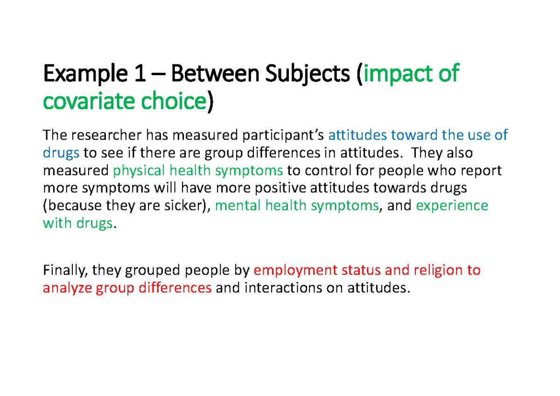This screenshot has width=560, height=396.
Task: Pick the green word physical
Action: point(138,171)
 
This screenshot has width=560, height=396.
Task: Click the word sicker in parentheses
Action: point(184,206)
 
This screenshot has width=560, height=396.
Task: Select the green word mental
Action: point(238,206)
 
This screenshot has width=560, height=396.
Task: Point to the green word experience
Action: point(452,206)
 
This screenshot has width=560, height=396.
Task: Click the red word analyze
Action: point(68,288)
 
